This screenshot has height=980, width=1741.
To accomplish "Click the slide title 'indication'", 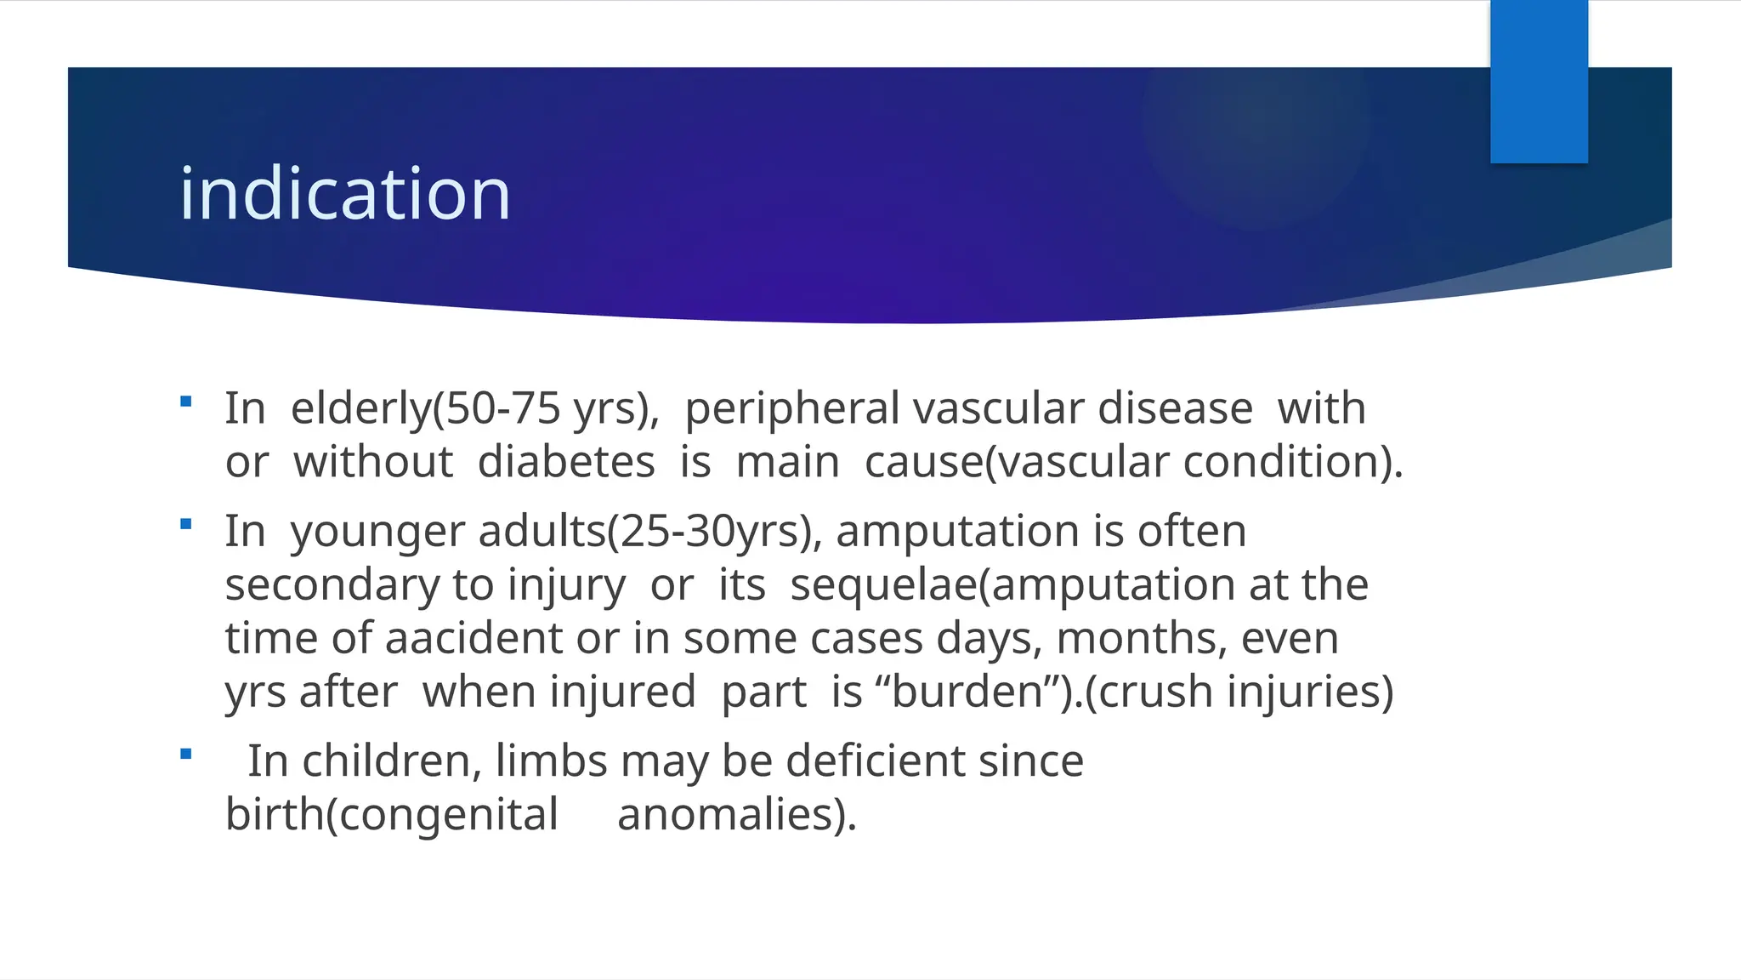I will tap(344, 194).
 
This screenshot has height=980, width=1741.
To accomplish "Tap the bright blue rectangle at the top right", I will tap(1539, 82).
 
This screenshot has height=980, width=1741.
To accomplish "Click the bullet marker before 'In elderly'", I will tap(186, 402).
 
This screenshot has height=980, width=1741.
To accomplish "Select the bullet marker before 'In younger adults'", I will tap(186, 524).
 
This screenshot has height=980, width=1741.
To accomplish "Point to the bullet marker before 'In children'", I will tap(186, 754).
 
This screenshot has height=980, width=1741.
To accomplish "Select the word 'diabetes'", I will tap(566, 462).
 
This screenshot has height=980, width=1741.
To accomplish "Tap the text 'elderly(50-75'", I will tap(425, 408).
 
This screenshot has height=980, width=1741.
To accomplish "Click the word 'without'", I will tap(372, 462).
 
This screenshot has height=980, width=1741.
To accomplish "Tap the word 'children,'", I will tap(392, 761).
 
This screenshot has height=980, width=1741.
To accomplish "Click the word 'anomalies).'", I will tap(737, 814).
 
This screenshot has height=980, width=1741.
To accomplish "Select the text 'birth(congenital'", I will tap(392, 814).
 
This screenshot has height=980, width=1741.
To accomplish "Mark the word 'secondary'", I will tap(332, 585).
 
